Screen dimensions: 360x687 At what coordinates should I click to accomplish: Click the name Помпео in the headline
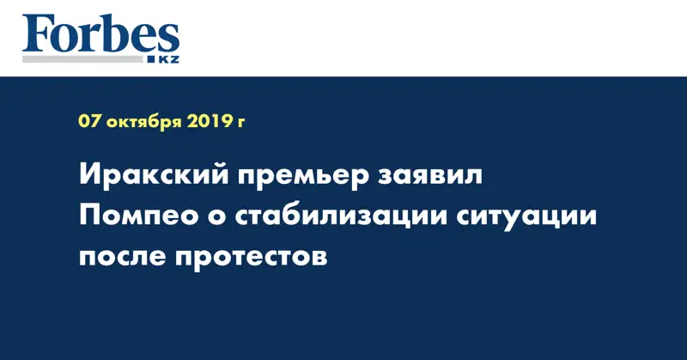(136, 217)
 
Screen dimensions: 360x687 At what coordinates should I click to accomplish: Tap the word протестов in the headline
(248, 256)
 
